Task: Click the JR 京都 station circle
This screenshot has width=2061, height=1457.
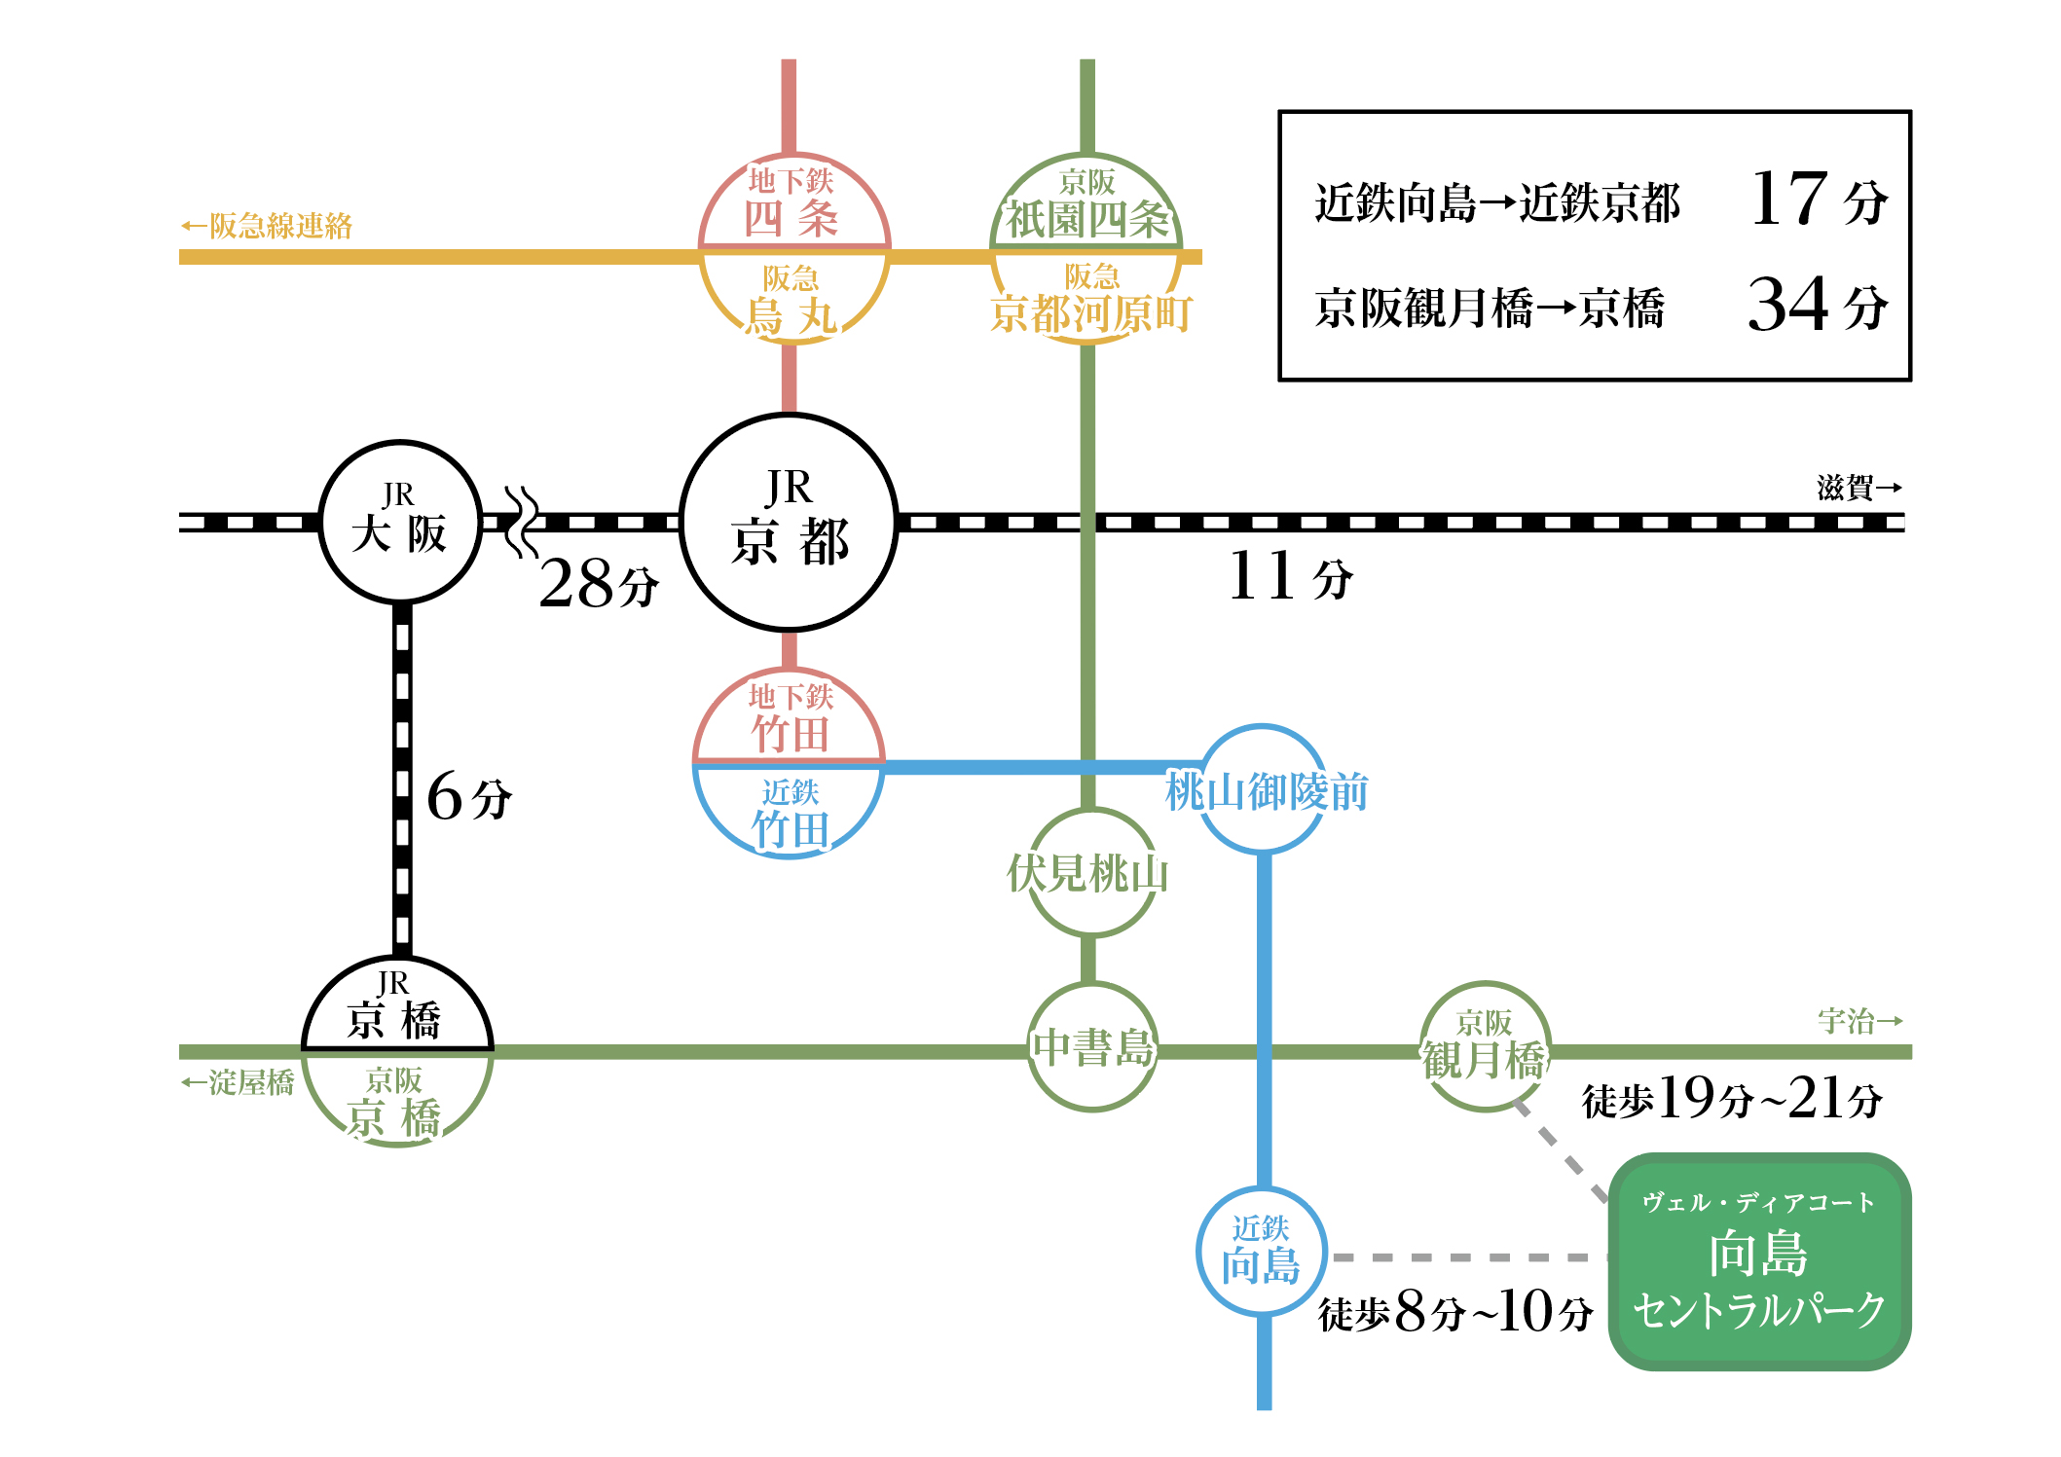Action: point(789,523)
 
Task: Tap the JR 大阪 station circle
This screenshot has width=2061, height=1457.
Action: point(400,523)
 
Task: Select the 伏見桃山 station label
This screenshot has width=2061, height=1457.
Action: point(1087,873)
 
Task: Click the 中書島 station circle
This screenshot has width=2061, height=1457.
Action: point(1092,1047)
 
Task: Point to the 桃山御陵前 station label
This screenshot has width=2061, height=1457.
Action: point(1267,791)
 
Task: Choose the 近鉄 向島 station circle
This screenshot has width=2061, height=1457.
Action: point(1262,1252)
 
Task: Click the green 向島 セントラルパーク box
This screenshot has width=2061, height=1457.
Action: point(1759,1262)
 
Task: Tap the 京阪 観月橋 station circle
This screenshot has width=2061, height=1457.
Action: point(1484,1047)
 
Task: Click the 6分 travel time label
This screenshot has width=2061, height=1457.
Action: point(469,797)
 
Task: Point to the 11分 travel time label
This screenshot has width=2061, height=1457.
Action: point(1290,576)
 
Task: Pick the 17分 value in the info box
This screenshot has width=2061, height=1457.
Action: point(1818,200)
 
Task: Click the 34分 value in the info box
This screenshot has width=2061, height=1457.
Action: point(1818,306)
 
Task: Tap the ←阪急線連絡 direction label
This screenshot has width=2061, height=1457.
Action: point(267,226)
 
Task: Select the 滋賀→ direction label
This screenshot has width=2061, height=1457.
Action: point(1859,488)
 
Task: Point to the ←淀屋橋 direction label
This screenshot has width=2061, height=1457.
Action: point(239,1082)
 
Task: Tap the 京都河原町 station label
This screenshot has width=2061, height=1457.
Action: point(1091,313)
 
